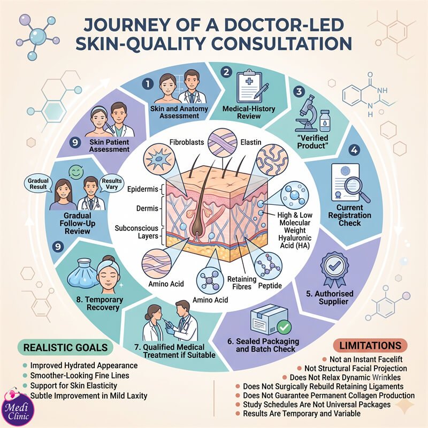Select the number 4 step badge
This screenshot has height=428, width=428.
[354, 150]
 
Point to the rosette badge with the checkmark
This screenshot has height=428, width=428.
[334, 270]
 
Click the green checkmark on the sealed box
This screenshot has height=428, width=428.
[284, 327]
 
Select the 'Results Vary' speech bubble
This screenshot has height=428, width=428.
[112, 184]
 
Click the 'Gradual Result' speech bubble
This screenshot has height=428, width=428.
[38, 184]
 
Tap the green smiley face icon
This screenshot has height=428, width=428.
[75, 172]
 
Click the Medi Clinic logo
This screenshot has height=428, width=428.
[17, 409]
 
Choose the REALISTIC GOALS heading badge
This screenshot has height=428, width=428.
[65, 347]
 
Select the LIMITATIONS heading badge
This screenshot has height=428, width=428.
[370, 345]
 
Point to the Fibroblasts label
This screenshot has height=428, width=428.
[187, 142]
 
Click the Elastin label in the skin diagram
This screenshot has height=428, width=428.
[251, 142]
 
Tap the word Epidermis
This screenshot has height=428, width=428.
[142, 189]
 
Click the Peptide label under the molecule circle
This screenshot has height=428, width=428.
[270, 286]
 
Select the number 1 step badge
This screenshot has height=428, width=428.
[148, 83]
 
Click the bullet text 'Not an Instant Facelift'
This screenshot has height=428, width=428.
[366, 359]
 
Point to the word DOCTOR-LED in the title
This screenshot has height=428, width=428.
[284, 25]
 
